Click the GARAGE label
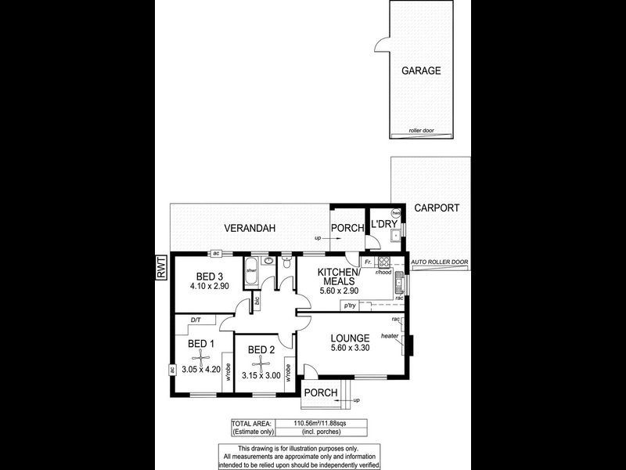click(x=421, y=70)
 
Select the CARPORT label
click(x=436, y=208)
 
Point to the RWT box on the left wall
click(x=161, y=268)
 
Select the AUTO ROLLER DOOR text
click(x=439, y=262)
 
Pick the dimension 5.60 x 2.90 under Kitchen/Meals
click(x=338, y=291)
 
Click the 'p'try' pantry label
click(x=349, y=304)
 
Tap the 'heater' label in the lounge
click(x=390, y=336)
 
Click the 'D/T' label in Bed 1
click(x=196, y=320)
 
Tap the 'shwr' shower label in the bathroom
click(x=251, y=270)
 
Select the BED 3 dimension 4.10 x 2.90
click(x=210, y=287)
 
